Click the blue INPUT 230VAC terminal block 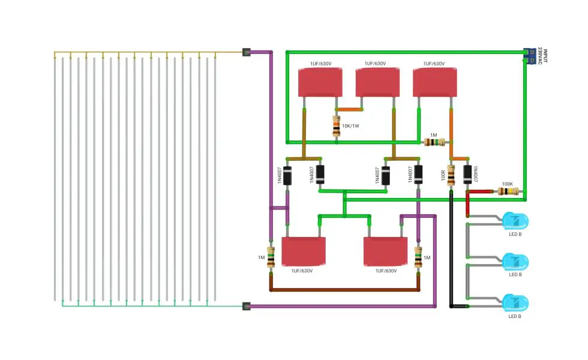coord(529,56)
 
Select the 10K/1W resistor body coord(337,126)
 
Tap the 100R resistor coord(451,175)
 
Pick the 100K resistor coord(508,191)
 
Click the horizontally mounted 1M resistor coord(434,142)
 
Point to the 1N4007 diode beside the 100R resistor coord(467,175)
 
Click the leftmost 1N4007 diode coord(287,175)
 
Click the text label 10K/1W coord(350,126)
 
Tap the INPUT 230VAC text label coord(542,56)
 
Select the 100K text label coord(508,184)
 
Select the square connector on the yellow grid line coord(247,52)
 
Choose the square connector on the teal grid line coord(247,306)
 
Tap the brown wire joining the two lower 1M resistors coord(344,289)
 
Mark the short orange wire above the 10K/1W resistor coord(349,109)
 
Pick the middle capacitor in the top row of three coord(377,82)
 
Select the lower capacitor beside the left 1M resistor coord(304,251)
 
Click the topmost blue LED coord(515,221)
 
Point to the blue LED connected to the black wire coord(515,303)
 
